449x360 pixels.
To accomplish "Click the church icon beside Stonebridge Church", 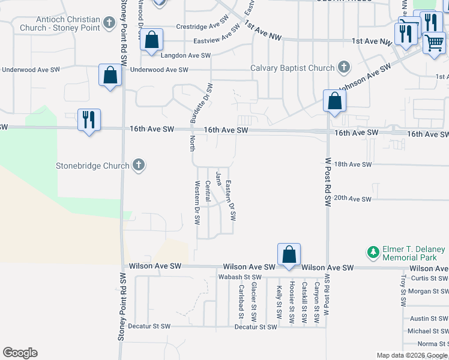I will [x=139, y=166].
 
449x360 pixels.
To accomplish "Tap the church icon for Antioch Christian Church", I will [x=109, y=23].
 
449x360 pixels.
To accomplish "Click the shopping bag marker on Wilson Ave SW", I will [x=289, y=254].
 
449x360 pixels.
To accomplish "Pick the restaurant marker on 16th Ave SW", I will [x=89, y=120].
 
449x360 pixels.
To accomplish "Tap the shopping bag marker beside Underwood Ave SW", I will [x=110, y=76].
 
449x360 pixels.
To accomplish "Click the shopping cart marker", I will [x=433, y=43].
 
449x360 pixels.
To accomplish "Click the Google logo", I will [x=20, y=353].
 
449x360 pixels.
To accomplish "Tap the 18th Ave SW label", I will [x=353, y=164].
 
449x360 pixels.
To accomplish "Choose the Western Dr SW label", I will [x=197, y=203].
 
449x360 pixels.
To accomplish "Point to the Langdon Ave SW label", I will [x=186, y=55].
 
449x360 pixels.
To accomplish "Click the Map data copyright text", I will [x=412, y=355].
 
